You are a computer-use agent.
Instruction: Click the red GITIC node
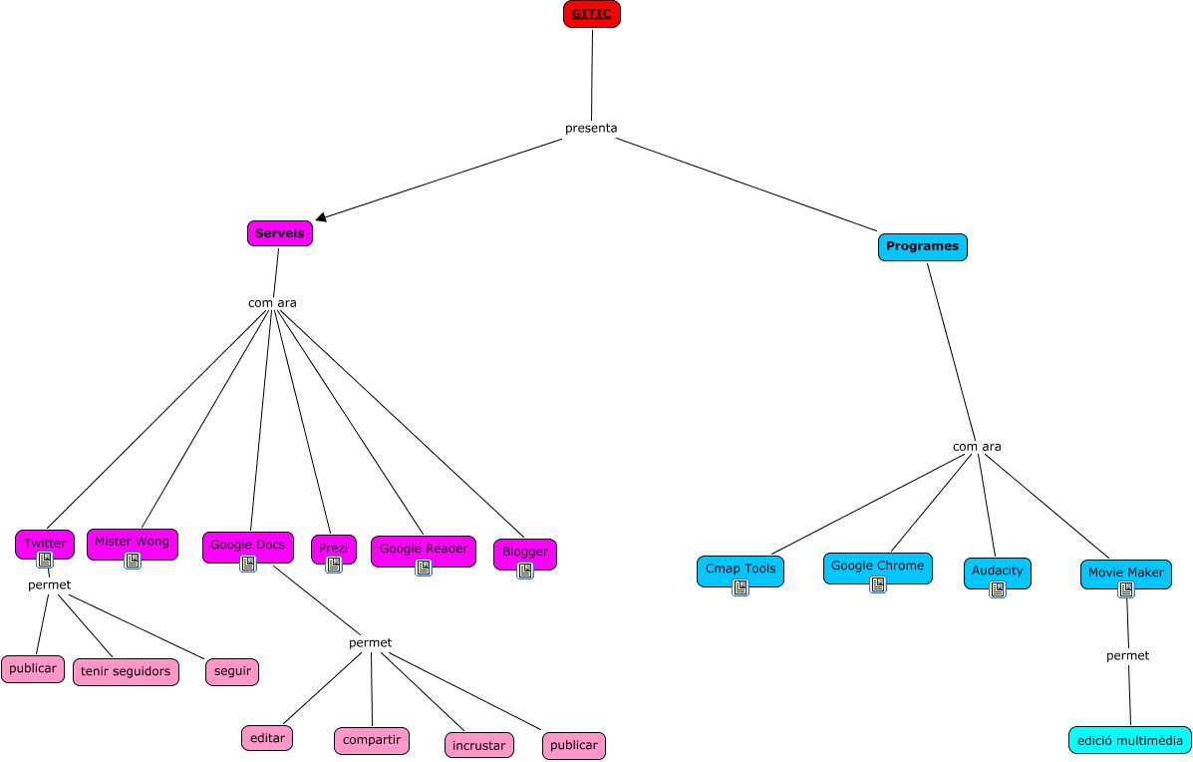(591, 14)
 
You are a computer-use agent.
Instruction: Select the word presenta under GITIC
(591, 128)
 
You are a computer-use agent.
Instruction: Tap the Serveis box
(280, 233)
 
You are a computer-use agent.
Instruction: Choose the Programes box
(922, 246)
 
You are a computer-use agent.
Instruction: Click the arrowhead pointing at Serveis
(321, 215)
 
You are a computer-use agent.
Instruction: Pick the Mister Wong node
(132, 542)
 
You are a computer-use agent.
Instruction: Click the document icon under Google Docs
(248, 564)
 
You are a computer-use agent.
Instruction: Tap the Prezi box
(333, 549)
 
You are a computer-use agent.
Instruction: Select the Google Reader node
(423, 550)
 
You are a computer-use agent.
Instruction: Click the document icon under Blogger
(525, 571)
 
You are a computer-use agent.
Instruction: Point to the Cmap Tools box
(740, 571)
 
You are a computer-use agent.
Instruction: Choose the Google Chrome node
(877, 567)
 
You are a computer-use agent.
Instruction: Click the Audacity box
(997, 571)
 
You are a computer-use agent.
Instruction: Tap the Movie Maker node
(1125, 573)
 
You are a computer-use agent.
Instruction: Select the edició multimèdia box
(1129, 740)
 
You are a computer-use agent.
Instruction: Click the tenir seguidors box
(126, 671)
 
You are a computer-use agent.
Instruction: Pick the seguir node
(232, 671)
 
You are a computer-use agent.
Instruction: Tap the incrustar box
(478, 745)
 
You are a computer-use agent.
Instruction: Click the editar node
(267, 738)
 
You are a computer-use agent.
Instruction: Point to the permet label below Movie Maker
(1127, 655)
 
